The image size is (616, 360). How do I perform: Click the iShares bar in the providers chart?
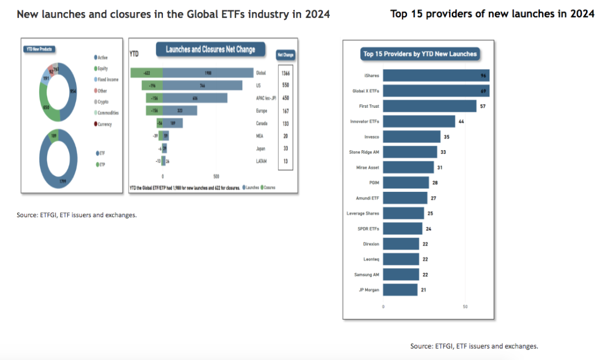436,75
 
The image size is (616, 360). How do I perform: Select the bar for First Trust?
429,106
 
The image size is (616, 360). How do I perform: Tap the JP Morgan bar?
400,290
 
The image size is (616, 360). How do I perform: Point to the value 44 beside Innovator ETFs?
461,122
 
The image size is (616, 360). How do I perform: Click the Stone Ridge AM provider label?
364,152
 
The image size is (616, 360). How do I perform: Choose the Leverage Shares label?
363,214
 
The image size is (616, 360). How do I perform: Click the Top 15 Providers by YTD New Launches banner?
420,54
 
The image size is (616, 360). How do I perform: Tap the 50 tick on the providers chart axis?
465,306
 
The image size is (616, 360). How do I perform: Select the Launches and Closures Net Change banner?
210,50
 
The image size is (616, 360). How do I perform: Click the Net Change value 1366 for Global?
285,73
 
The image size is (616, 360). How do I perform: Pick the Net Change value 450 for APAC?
285,98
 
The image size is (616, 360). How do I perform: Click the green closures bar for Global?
147,73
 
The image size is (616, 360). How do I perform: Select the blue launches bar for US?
203,85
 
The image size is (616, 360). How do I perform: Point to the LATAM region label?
261,161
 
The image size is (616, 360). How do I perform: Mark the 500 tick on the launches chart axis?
216,176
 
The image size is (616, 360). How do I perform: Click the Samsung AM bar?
401,275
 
